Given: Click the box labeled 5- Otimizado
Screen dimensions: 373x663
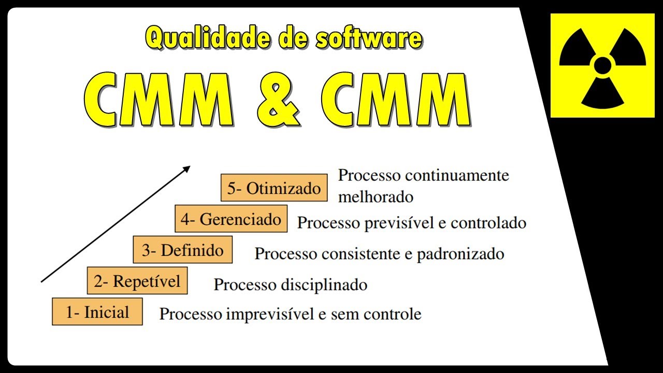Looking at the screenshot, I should pyautogui.click(x=274, y=188).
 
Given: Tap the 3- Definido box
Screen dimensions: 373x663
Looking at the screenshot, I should pyautogui.click(x=183, y=250).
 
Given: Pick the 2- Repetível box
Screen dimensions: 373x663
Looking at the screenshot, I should pyautogui.click(x=137, y=281).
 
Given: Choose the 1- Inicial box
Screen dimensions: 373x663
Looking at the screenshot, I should pyautogui.click(x=97, y=312).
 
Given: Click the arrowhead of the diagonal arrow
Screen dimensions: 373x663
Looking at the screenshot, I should pyautogui.click(x=187, y=168).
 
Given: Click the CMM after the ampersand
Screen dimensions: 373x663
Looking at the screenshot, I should pyautogui.click(x=395, y=100).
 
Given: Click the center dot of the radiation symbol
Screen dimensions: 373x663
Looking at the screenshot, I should pyautogui.click(x=602, y=65).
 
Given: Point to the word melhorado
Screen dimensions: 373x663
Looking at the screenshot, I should pyautogui.click(x=376, y=197).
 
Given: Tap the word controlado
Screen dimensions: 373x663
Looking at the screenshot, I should pyautogui.click(x=488, y=223).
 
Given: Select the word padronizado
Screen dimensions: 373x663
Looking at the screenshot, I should pyautogui.click(x=460, y=254).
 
